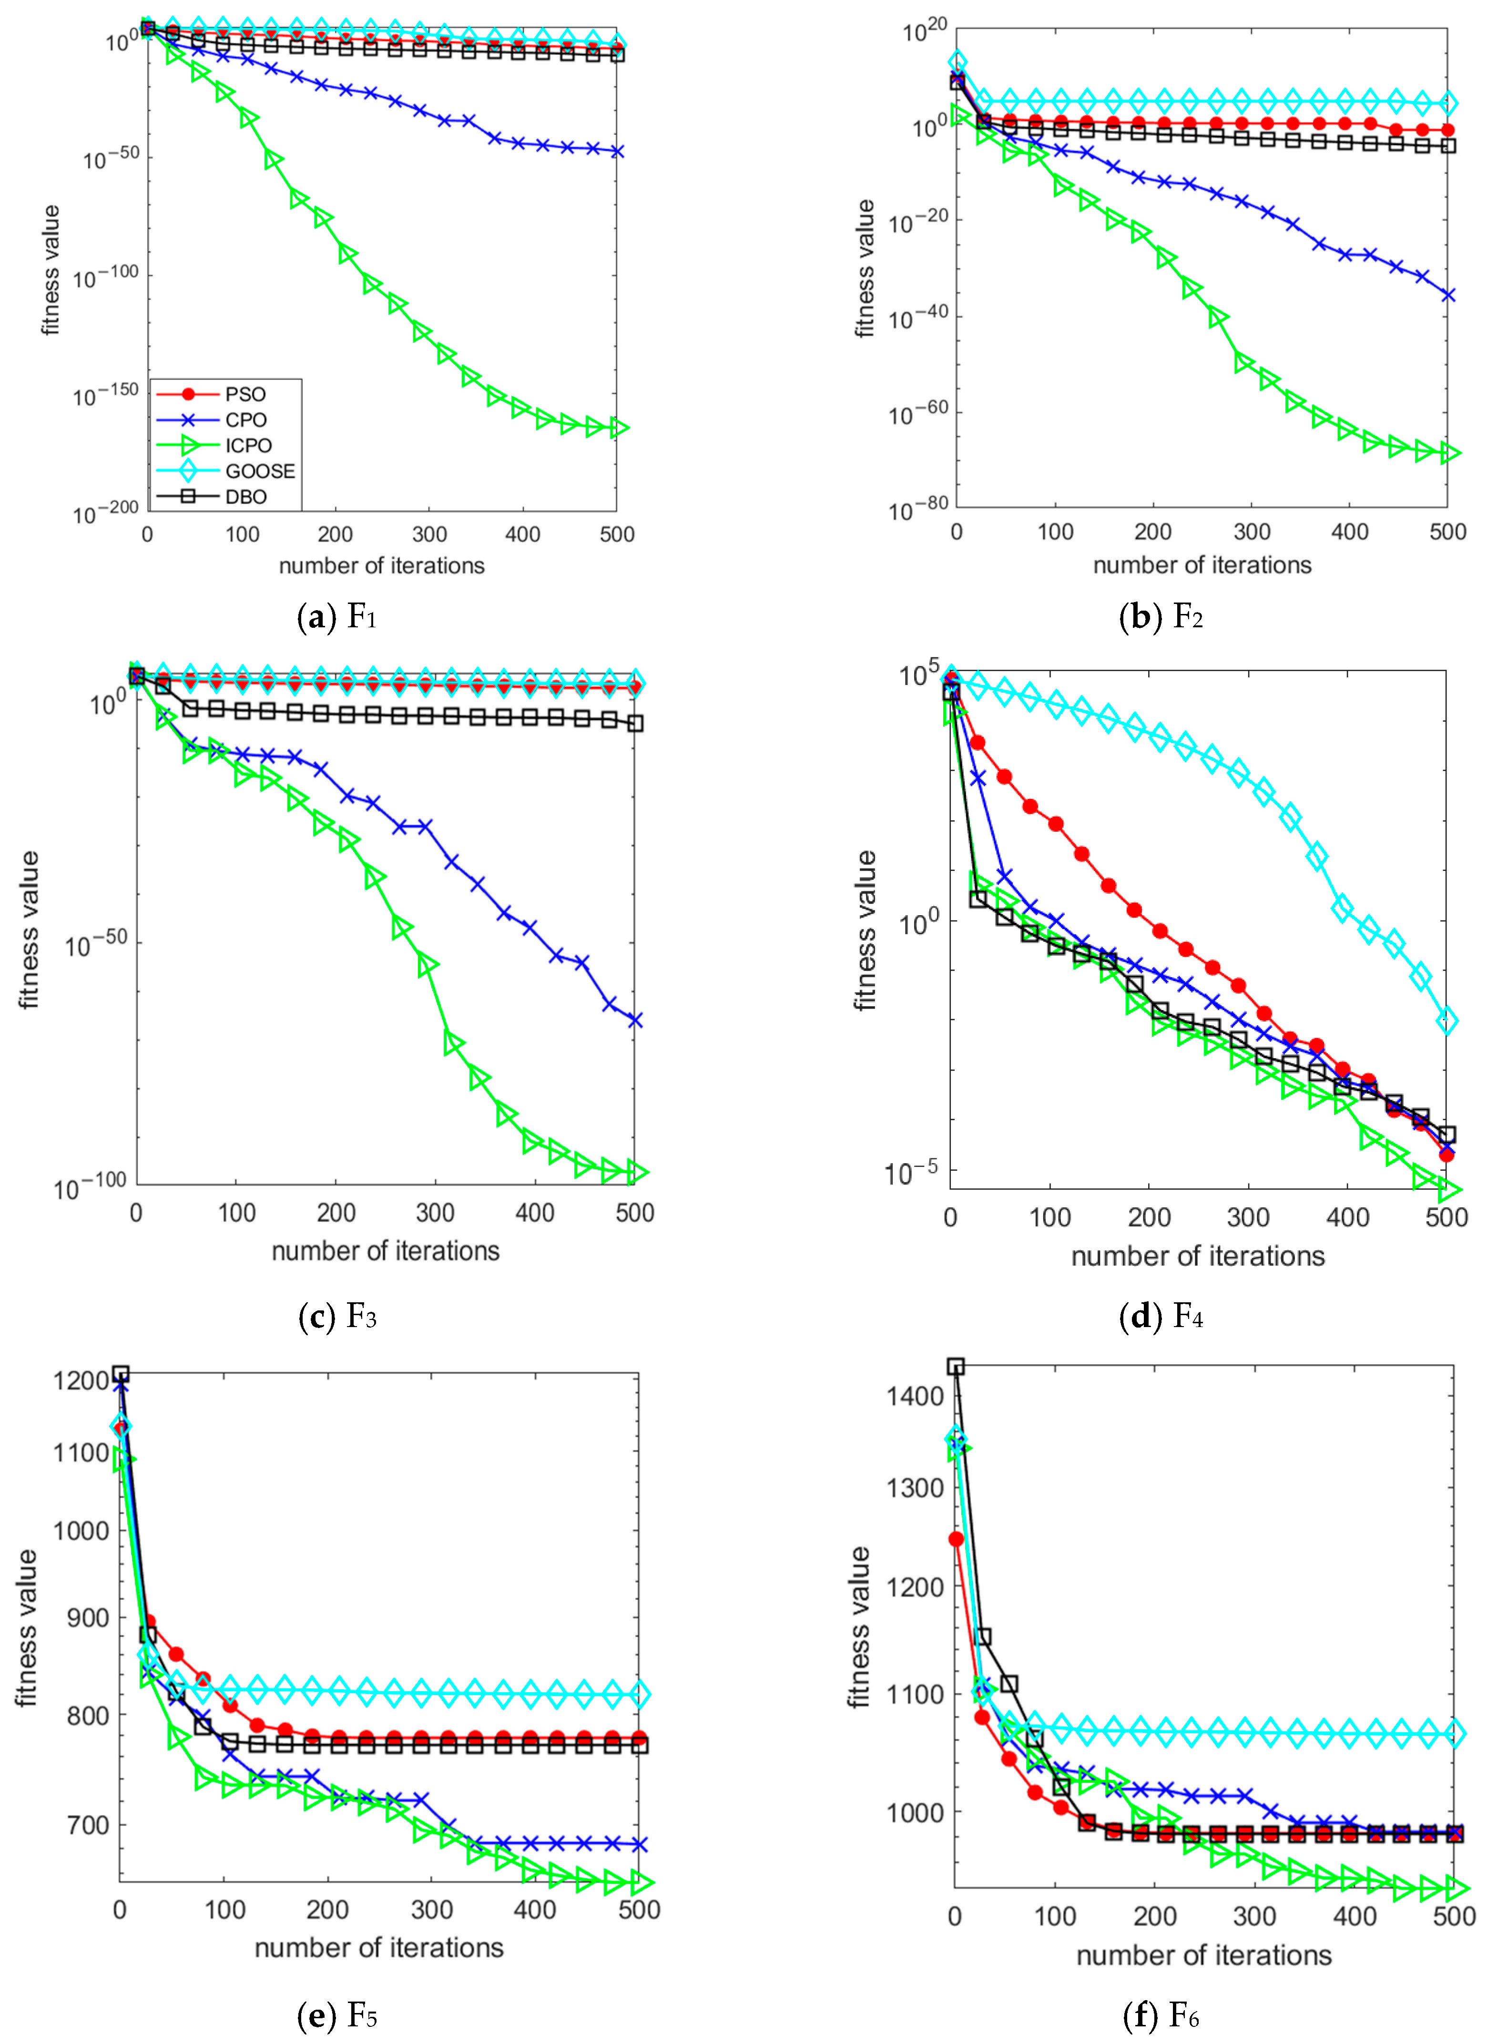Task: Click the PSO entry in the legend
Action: (245, 394)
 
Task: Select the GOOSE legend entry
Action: (260, 470)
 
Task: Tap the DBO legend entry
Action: (245, 497)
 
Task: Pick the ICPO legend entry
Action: (248, 445)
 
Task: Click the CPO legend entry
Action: (245, 420)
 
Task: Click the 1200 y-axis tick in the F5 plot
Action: (81, 1381)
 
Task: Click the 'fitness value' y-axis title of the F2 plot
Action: (865, 268)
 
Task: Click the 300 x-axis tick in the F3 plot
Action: (435, 1213)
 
